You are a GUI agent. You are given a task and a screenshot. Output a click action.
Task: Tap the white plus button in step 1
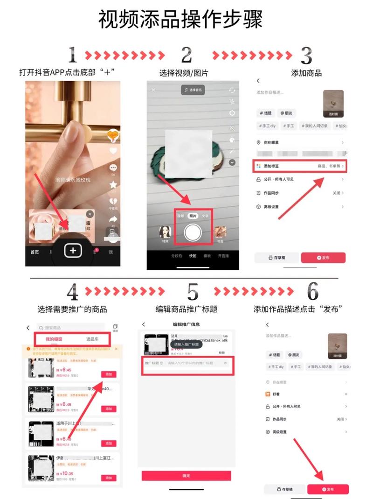coord(73,251)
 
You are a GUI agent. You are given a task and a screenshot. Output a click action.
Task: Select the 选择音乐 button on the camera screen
coord(193,90)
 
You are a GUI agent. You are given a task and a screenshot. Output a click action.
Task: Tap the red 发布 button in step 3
coord(323,258)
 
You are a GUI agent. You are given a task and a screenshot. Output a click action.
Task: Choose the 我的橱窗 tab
coord(55,339)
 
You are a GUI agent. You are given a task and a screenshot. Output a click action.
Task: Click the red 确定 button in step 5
coord(186,475)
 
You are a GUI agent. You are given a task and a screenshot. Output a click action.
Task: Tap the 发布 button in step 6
coord(328,489)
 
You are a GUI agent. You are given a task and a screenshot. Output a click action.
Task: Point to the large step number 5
coord(193,292)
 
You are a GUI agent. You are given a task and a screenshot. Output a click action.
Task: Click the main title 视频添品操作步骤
coord(181,20)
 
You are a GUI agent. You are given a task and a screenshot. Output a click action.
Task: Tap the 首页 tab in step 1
coord(35,252)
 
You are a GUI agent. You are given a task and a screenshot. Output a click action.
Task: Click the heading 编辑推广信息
coord(186,324)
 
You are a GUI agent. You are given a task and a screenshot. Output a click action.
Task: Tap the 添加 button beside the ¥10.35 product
coord(109,478)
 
